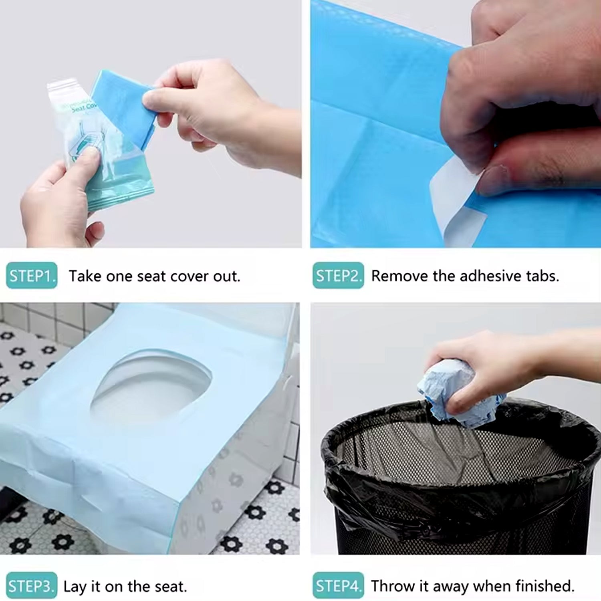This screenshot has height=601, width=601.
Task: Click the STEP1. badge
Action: (32, 276)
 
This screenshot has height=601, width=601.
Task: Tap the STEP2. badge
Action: (338, 276)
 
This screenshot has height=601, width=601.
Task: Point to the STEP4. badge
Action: (338, 586)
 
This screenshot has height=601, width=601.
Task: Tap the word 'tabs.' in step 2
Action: (543, 276)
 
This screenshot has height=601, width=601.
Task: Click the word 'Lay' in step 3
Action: (75, 587)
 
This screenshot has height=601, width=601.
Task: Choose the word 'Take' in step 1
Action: (85, 276)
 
